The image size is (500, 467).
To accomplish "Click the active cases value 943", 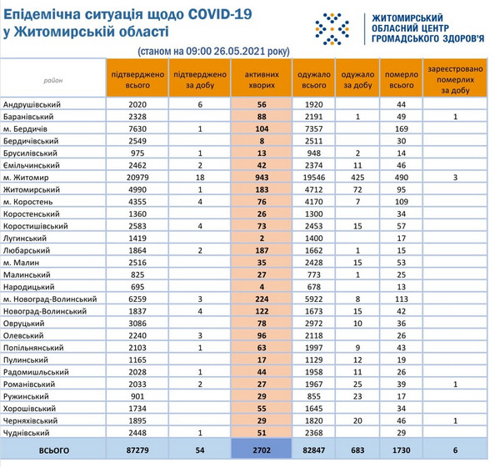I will [x=261, y=178].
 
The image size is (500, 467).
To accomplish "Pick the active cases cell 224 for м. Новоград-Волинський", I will [x=261, y=299].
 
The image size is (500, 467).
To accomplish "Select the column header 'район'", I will [x=52, y=79].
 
